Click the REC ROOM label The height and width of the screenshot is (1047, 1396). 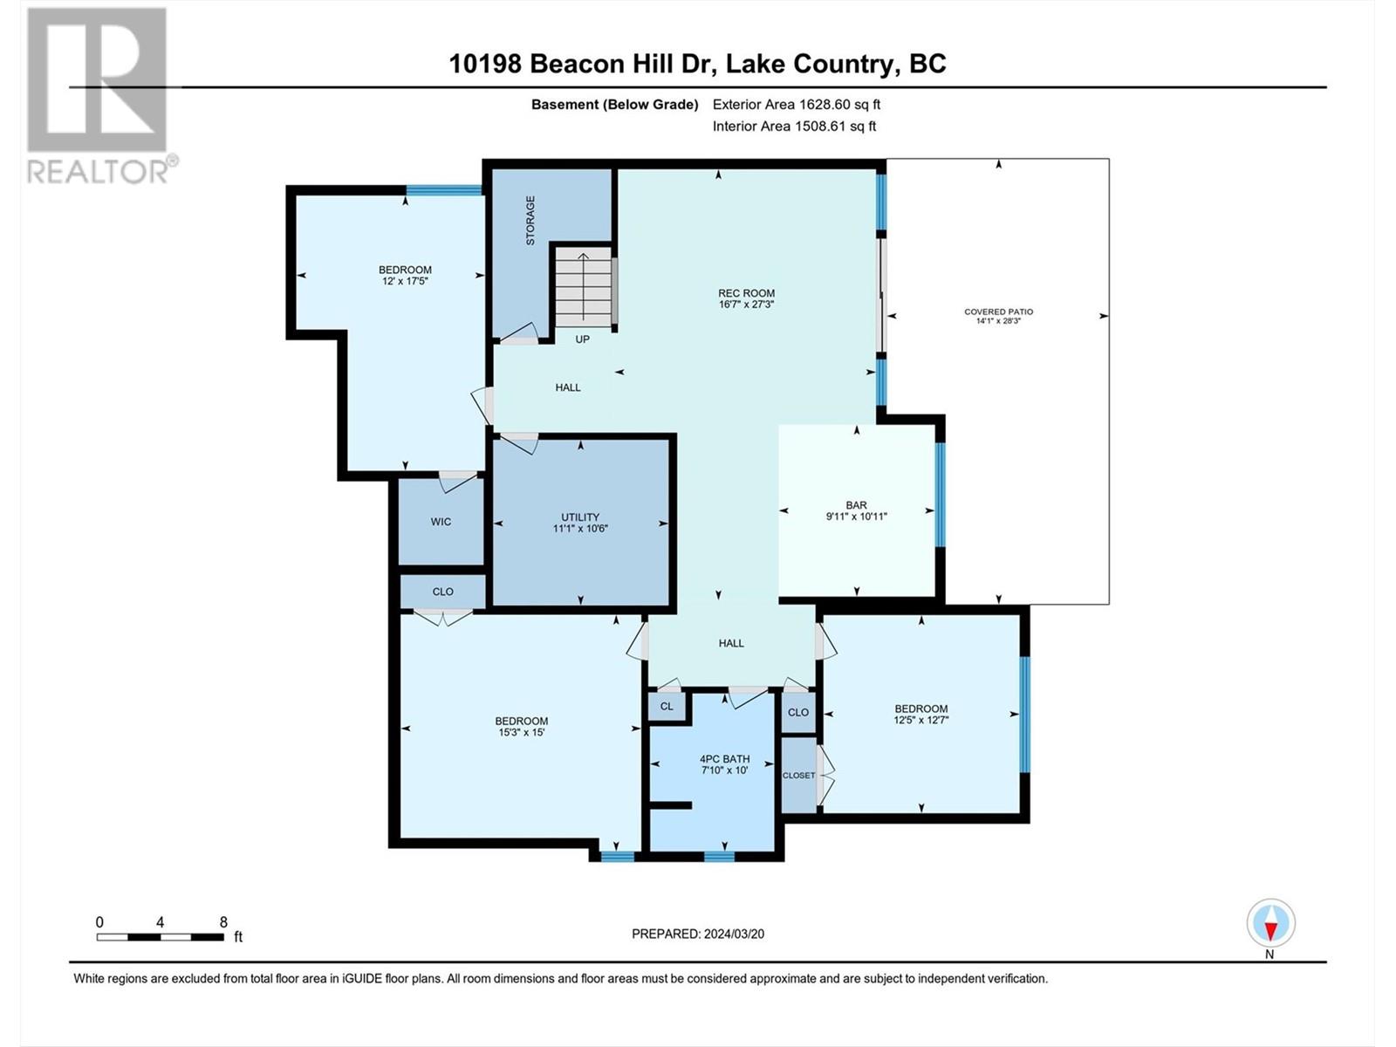coord(746,293)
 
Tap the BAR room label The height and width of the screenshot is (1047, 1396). coord(856,505)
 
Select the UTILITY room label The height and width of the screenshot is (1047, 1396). coord(580,517)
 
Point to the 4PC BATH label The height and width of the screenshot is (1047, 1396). coord(724,759)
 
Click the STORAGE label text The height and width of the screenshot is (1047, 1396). coord(530,220)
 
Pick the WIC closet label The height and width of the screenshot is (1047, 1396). coord(441,522)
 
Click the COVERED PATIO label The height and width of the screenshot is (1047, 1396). coord(998,311)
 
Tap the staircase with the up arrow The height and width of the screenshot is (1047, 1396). coord(583,288)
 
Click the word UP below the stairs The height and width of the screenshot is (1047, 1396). coord(583,339)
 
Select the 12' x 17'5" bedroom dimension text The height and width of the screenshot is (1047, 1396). coord(405,281)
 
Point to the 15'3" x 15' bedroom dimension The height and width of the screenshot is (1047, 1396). coord(522,732)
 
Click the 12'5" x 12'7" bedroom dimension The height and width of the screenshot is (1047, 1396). coord(920,720)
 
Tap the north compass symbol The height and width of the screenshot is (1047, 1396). coord(1270,924)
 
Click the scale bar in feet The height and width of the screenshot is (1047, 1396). coord(161,936)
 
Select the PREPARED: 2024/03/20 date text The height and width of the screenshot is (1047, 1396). coord(698,934)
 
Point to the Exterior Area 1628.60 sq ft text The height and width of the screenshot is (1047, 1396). coord(797,104)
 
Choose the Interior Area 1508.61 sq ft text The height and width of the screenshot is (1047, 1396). coord(794,126)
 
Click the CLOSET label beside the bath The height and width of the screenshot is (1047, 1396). coord(798,776)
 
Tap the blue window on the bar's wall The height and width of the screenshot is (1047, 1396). coord(940,495)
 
